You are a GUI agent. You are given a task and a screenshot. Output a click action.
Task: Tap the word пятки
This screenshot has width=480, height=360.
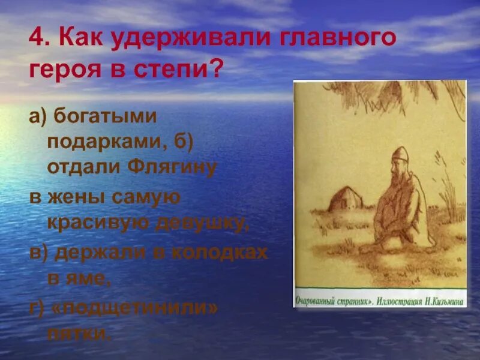point(80,333)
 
